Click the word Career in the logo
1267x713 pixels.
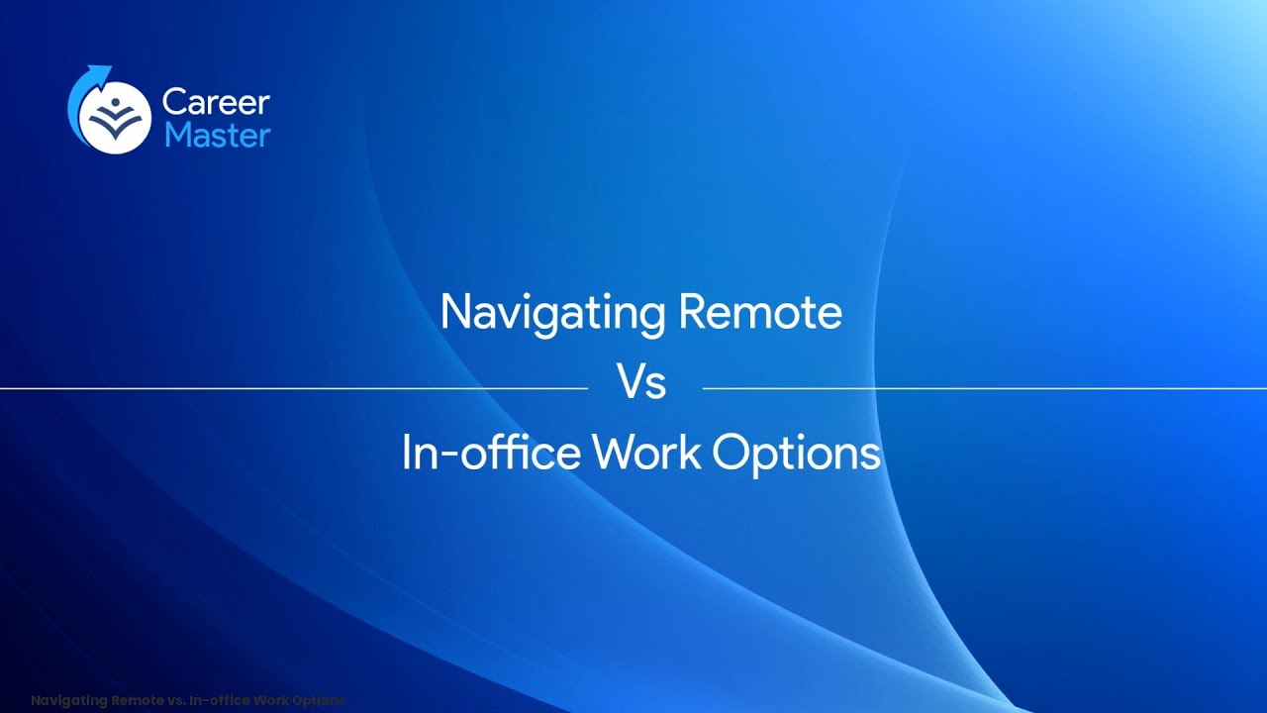click(x=216, y=102)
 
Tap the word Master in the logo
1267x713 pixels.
click(x=217, y=135)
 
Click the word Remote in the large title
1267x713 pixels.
click(x=760, y=313)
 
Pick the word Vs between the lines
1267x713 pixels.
click(x=641, y=383)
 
